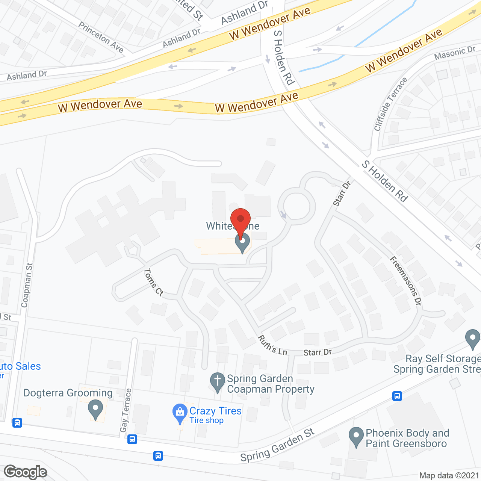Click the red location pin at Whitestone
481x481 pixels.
pos(240,219)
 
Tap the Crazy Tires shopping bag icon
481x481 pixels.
pos(180,413)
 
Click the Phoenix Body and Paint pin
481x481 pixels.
pos(356,436)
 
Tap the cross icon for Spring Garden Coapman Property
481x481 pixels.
pos(217,381)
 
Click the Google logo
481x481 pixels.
pos(26,472)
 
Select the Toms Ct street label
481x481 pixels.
pos(154,282)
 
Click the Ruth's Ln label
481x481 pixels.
pos(272,345)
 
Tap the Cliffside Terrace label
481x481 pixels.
pos(390,104)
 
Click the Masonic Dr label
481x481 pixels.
pos(455,54)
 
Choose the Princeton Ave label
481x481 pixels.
pos(101,37)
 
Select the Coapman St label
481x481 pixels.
pos(27,285)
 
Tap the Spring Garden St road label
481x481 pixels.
pos(277,446)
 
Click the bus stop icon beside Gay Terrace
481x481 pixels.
pos(132,439)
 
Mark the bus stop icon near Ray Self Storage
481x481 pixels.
pos(397,396)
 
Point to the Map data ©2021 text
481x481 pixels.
pos(449,476)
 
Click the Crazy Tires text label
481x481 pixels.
pos(215,411)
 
